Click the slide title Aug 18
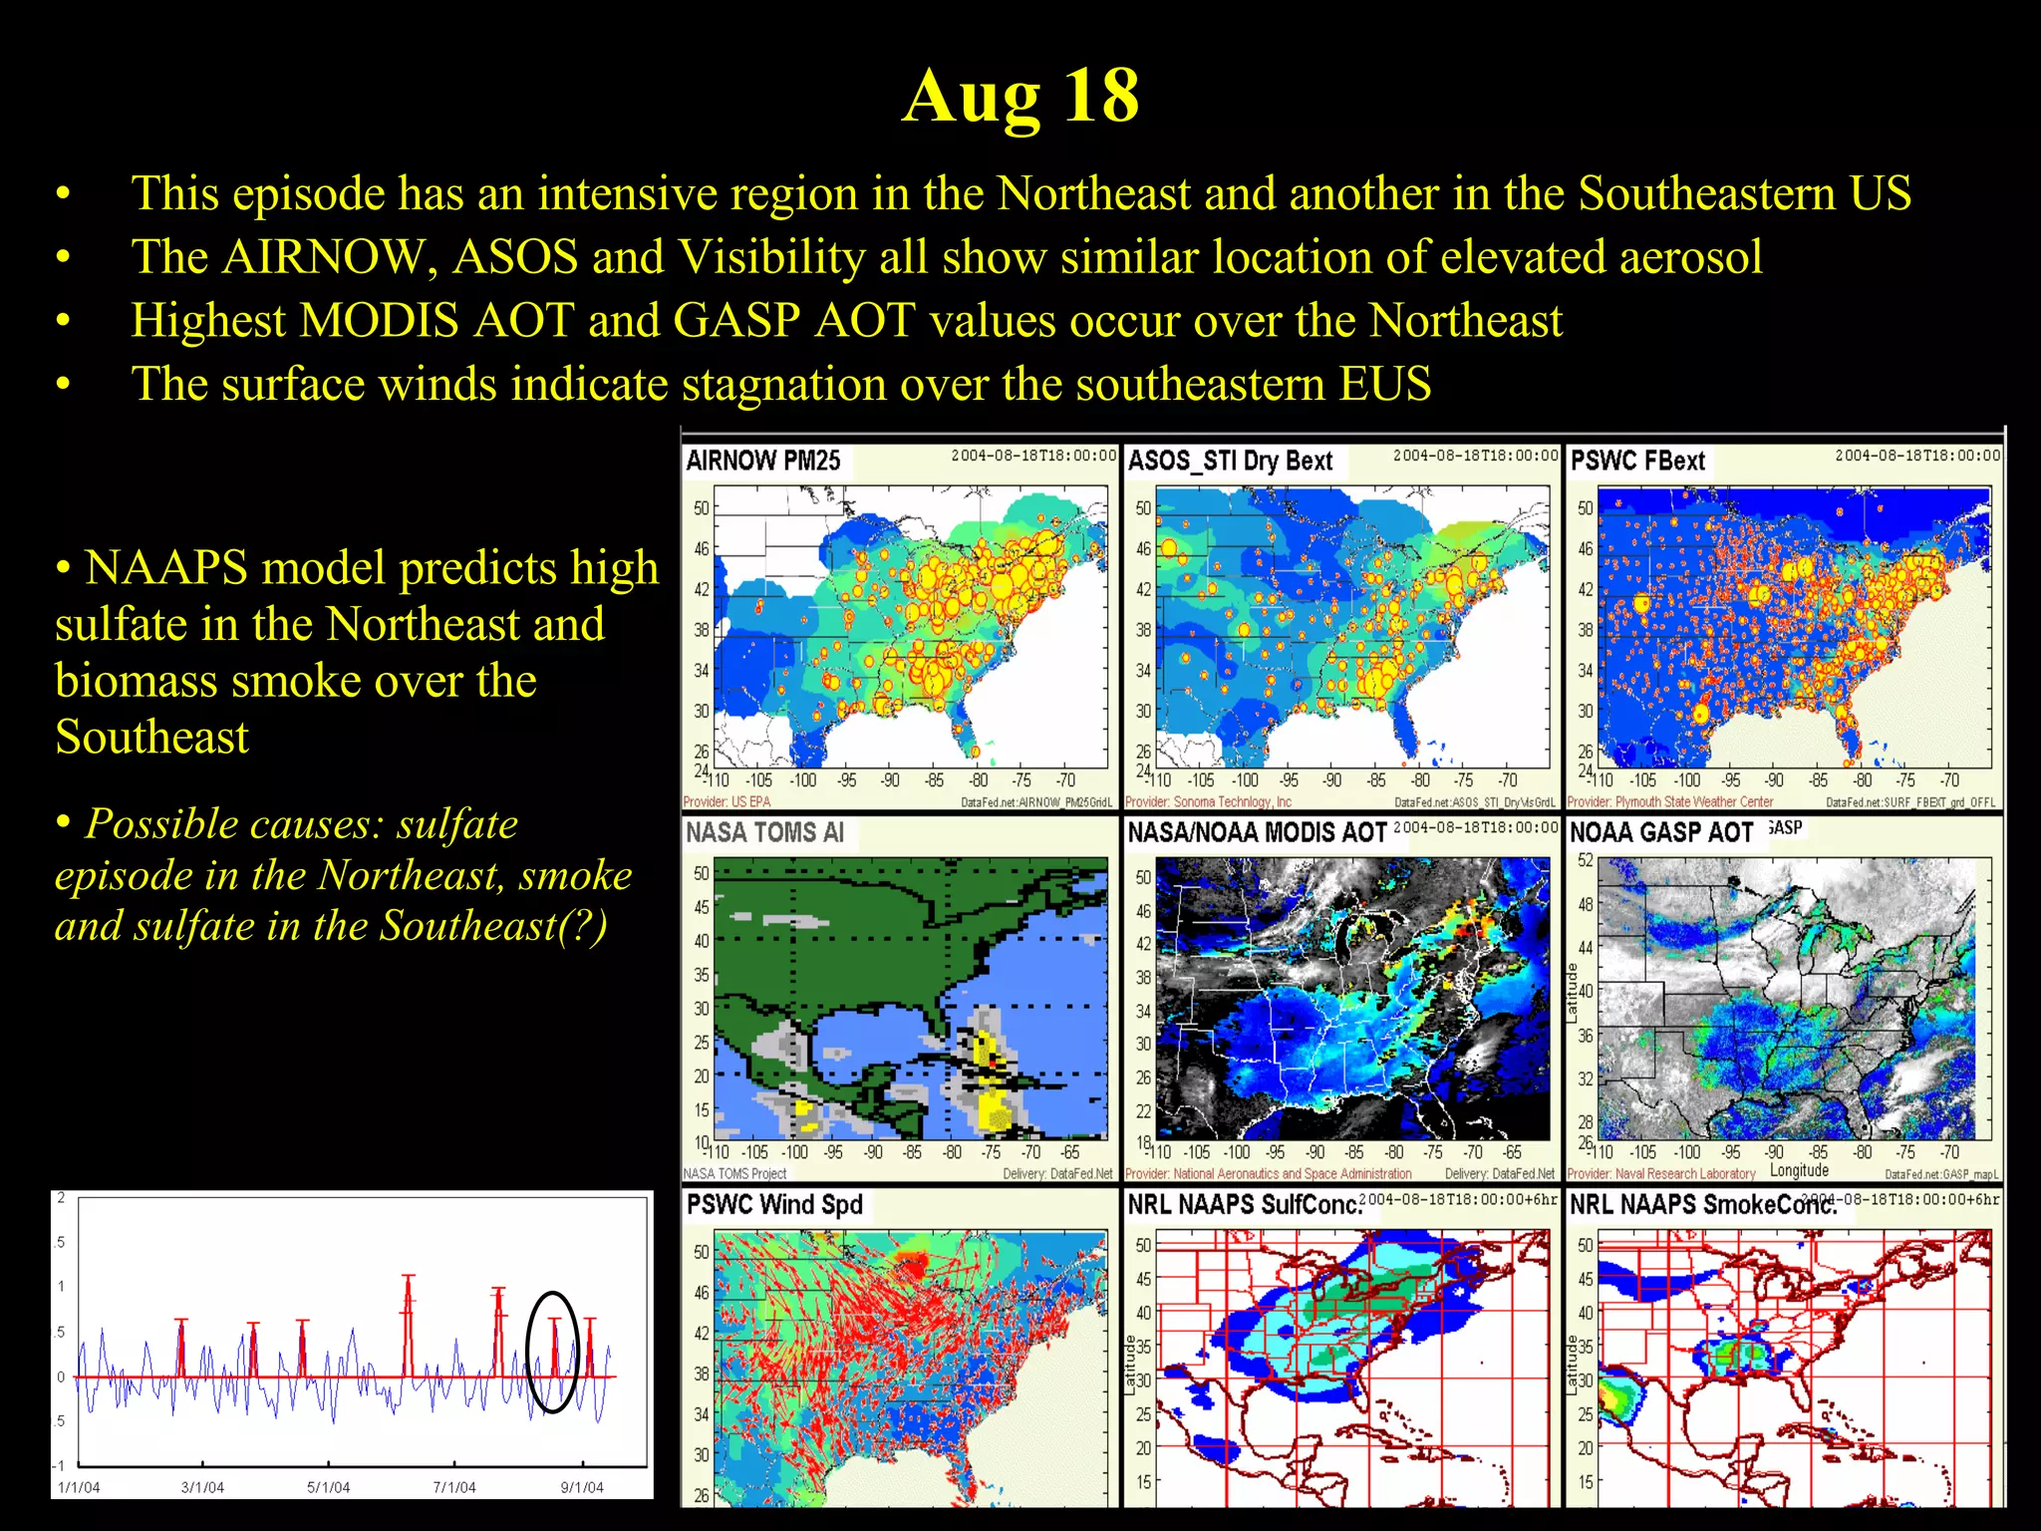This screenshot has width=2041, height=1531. (x=1020, y=96)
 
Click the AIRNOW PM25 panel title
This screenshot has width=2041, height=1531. (x=763, y=460)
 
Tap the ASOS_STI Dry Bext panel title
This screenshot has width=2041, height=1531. (x=1230, y=460)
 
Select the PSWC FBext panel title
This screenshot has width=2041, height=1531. (x=1637, y=460)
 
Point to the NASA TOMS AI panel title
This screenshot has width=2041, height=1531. (x=764, y=832)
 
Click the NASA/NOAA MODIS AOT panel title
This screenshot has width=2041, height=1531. (x=1257, y=832)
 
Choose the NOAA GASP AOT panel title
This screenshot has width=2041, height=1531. (x=1661, y=832)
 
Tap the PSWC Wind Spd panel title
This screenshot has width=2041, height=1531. (x=774, y=1204)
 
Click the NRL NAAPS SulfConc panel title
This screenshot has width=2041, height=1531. (x=1245, y=1204)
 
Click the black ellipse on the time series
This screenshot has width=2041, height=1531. (x=552, y=1352)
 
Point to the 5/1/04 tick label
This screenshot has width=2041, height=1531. (x=328, y=1487)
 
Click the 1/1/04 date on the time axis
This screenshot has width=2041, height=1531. (x=79, y=1487)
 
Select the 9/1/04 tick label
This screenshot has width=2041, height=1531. (x=582, y=1487)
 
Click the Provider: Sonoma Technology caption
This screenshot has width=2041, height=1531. (x=1208, y=801)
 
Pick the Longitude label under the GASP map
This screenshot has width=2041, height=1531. (x=1799, y=1170)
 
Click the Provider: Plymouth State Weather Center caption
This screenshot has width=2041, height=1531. (x=1669, y=801)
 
